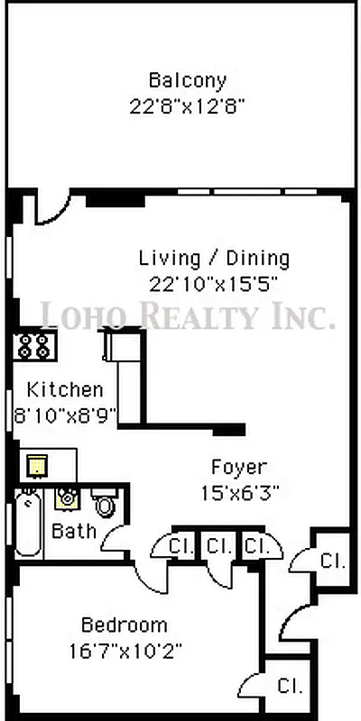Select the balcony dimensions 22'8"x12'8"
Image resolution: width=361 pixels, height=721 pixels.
188,105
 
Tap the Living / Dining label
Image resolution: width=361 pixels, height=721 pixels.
215,259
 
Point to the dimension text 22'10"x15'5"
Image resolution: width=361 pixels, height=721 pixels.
213,282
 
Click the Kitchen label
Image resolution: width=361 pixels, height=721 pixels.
65,390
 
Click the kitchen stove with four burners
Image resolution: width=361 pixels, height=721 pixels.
34,344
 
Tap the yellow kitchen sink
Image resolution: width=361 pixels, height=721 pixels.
36,464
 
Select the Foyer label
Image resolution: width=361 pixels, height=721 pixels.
238,468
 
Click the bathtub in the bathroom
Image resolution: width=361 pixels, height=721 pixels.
28,523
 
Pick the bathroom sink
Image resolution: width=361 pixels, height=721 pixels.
67,497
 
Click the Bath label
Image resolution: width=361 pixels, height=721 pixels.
74,531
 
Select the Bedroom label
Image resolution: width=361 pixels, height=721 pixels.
125,625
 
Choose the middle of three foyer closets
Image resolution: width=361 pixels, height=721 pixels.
217,545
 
